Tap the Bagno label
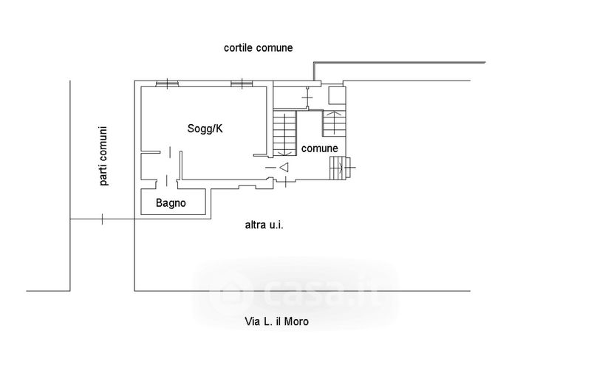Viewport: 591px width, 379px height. coord(171,202)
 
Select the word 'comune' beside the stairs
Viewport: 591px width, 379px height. coord(319,148)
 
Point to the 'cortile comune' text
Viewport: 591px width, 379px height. coord(259,47)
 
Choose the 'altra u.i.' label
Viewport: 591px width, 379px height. coord(264,225)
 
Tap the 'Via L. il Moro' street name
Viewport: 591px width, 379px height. coord(276,321)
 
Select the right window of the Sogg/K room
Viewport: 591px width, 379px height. coord(242,83)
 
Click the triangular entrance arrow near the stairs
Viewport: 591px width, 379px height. coord(284,168)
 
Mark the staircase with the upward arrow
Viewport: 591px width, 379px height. coord(333,122)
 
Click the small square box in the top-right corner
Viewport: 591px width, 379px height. coord(335,95)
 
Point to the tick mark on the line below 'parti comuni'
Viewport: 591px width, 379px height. coord(102,219)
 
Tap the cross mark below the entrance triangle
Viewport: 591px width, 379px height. coord(284,182)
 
